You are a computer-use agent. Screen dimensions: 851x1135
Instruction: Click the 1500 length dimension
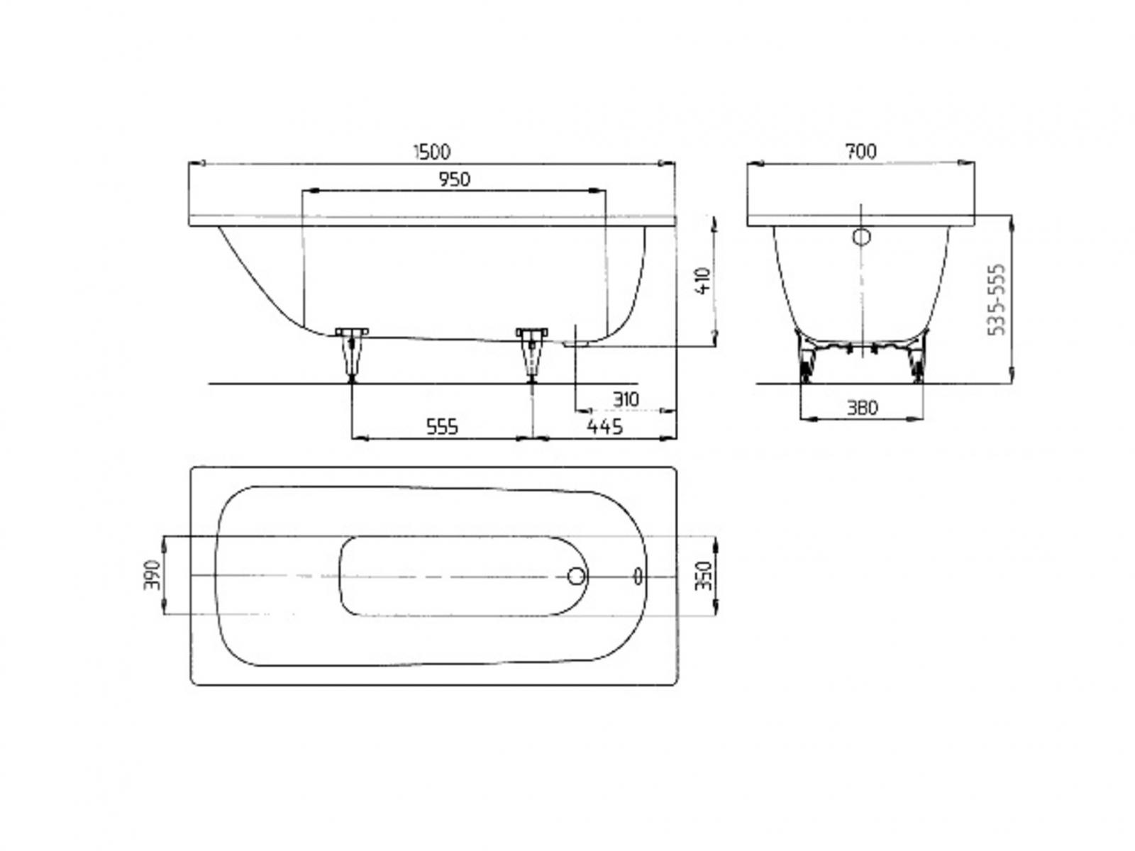tap(431, 152)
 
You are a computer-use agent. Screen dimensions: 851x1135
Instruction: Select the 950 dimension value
tap(454, 180)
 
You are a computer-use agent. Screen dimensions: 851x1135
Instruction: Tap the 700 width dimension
tap(860, 152)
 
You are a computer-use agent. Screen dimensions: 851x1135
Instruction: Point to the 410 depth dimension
tap(703, 282)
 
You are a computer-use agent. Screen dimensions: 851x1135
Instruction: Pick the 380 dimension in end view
tap(862, 408)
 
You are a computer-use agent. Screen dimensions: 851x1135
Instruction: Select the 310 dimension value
tap(624, 399)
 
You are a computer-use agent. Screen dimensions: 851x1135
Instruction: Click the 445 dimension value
tap(604, 427)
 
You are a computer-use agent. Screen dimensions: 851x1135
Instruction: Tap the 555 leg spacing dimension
tap(442, 427)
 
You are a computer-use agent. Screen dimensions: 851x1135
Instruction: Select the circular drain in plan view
tap(577, 576)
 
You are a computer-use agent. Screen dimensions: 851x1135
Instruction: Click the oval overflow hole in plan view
tap(638, 576)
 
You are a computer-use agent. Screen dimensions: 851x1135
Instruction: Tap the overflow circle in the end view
tap(861, 237)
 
